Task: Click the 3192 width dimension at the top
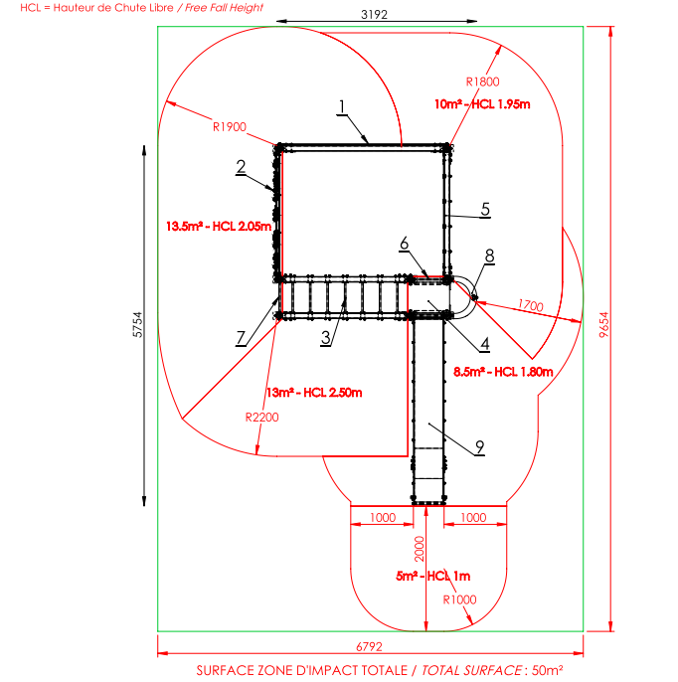pyautogui.click(x=374, y=14)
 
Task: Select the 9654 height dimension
pyautogui.click(x=603, y=324)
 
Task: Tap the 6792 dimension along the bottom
pyautogui.click(x=369, y=646)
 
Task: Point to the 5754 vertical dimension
pyautogui.click(x=137, y=324)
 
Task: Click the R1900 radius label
pyautogui.click(x=230, y=126)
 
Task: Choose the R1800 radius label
pyautogui.click(x=482, y=82)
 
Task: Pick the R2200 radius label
pyautogui.click(x=261, y=418)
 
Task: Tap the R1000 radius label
pyautogui.click(x=459, y=599)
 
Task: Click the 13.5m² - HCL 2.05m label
pyautogui.click(x=219, y=227)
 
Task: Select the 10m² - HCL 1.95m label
pyautogui.click(x=482, y=104)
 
